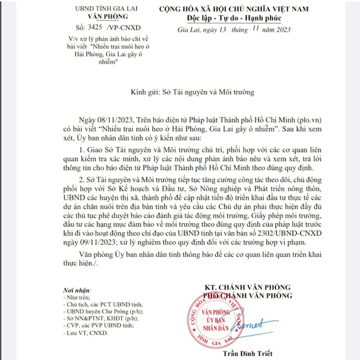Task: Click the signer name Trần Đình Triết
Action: pyautogui.click(x=248, y=353)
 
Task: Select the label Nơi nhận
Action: pyautogui.click(x=77, y=290)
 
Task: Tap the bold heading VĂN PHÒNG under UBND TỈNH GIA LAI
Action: pyautogui.click(x=108, y=17)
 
